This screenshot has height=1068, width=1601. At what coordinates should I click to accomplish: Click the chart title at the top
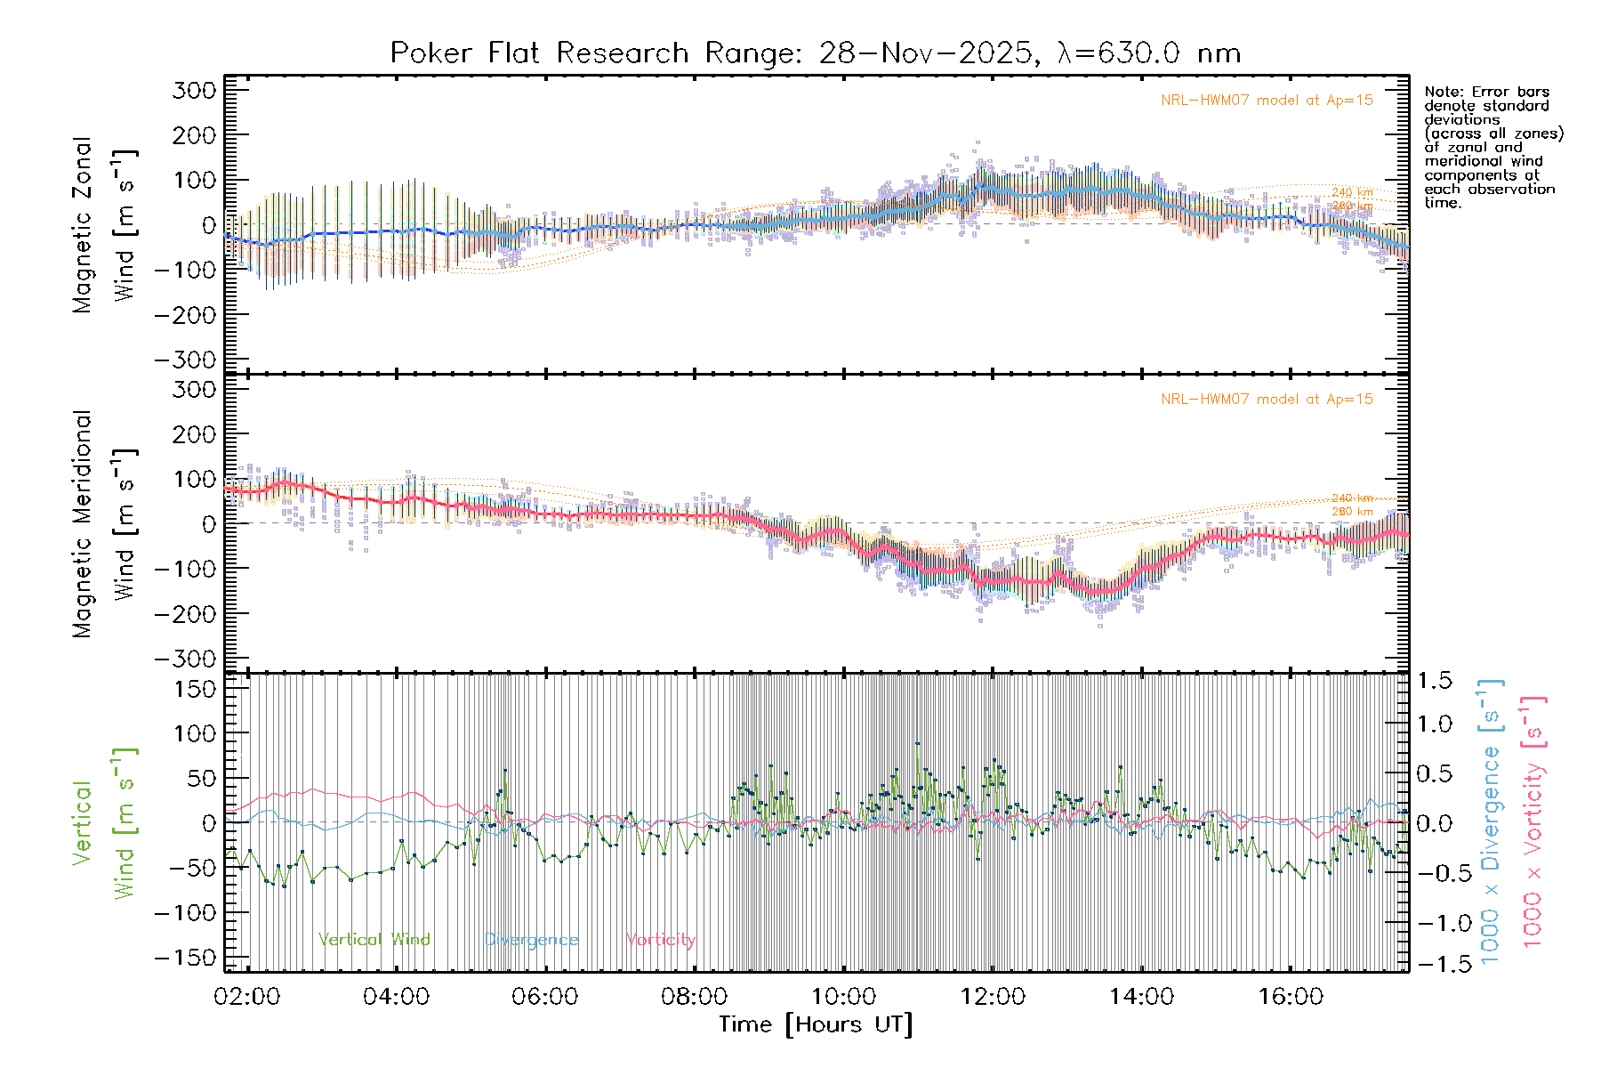815,53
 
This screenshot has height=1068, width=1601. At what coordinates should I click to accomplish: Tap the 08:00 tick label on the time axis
695,996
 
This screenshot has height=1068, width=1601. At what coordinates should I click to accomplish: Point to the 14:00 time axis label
1142,996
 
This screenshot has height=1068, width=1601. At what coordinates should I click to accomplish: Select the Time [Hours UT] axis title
816,1024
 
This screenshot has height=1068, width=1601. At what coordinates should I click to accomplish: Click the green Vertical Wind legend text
374,939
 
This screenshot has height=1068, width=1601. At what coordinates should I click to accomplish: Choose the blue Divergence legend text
531,939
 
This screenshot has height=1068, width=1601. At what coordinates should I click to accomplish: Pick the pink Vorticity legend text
660,939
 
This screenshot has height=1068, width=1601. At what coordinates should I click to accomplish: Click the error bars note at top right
1493,147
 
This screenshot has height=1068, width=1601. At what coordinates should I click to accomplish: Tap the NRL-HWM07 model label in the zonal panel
1267,101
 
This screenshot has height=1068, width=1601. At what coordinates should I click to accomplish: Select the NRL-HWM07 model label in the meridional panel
1267,400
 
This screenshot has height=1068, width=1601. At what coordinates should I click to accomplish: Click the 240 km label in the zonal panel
1352,192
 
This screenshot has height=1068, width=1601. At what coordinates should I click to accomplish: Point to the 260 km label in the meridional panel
1352,511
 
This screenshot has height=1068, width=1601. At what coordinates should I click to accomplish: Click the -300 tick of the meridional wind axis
186,659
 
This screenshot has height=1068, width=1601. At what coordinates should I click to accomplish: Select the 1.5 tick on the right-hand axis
1435,681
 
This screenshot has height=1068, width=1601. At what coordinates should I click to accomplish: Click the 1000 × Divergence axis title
1490,821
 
